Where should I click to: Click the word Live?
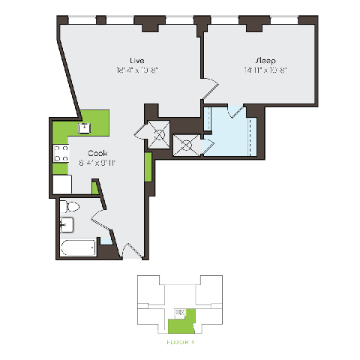tap(136, 60)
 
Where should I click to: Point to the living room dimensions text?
tap(136, 70)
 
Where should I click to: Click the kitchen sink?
tap(84, 127)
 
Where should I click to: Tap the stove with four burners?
tap(59, 155)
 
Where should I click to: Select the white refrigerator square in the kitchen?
tap(61, 184)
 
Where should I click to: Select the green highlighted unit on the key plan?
tap(179, 323)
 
